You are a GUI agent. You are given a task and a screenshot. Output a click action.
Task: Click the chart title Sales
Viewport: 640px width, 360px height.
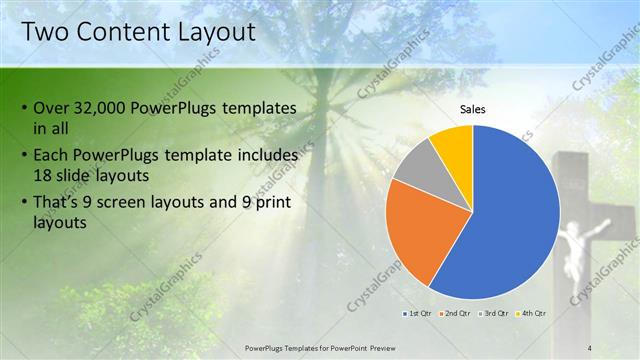click(x=473, y=109)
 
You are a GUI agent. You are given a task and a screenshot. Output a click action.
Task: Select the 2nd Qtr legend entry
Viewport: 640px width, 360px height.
click(x=457, y=314)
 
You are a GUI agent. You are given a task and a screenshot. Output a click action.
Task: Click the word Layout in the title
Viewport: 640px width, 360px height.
click(x=211, y=32)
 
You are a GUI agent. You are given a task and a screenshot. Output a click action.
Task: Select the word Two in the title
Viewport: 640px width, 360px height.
click(x=45, y=32)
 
